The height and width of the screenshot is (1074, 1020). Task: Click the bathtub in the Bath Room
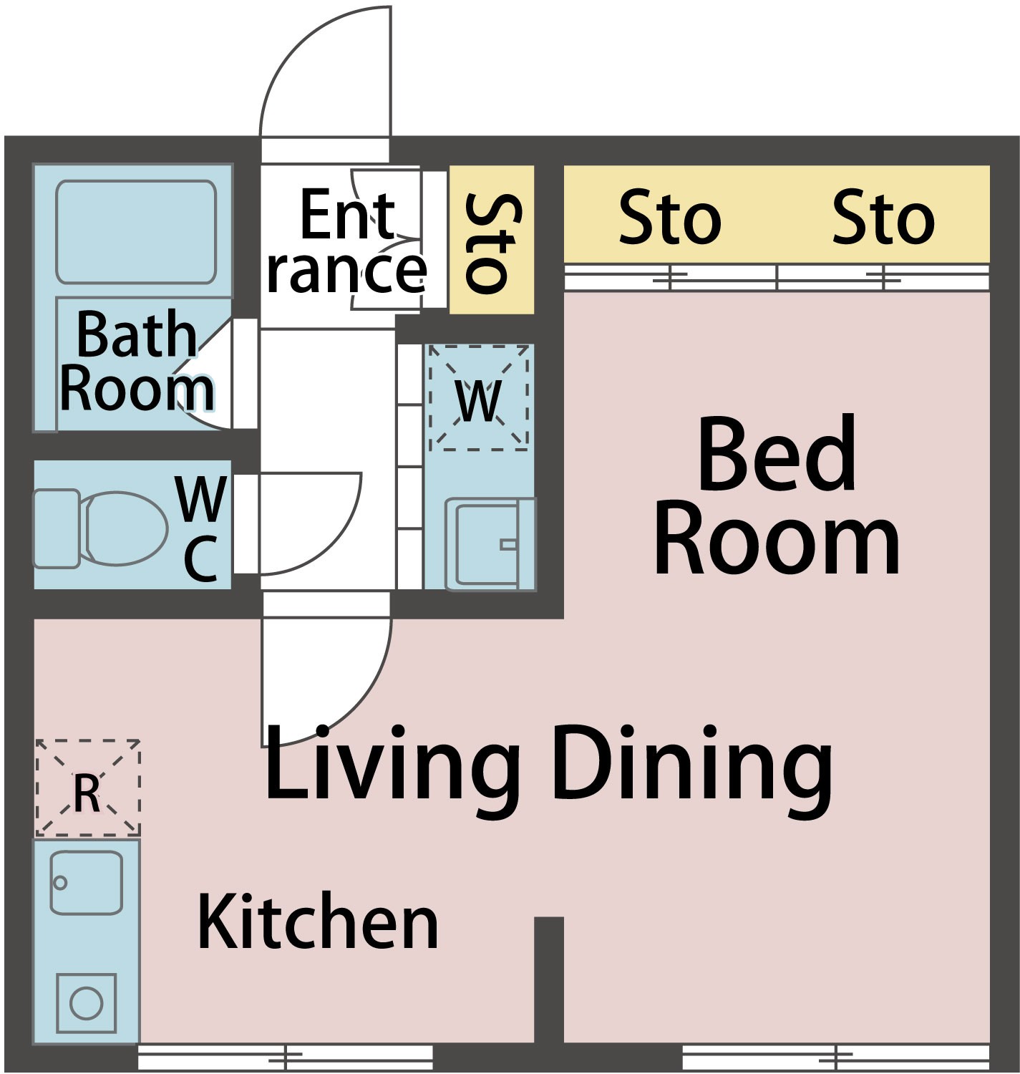click(136, 232)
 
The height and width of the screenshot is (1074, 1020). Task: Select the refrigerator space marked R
click(88, 788)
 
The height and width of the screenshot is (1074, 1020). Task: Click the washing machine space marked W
click(479, 397)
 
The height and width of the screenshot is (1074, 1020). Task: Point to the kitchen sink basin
click(87, 882)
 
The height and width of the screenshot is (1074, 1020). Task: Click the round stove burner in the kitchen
click(87, 1003)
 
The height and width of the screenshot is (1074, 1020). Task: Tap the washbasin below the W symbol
click(490, 544)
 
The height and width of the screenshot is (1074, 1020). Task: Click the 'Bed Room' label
click(777, 496)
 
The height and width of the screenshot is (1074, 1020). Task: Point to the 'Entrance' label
click(346, 241)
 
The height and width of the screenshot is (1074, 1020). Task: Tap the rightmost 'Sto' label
click(883, 216)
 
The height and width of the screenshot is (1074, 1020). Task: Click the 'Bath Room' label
click(137, 361)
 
